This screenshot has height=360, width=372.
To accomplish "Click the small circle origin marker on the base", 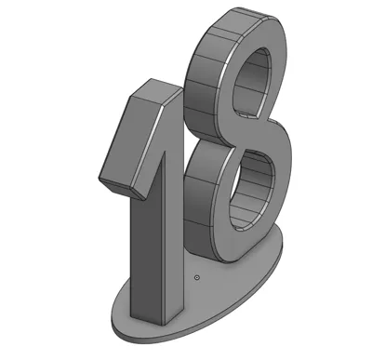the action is coord(196,277).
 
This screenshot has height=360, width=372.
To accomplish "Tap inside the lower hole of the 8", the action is coord(252,190).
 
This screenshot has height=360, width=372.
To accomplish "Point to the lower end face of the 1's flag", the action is coord(122,188).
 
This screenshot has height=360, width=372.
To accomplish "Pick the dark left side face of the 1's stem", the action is coord(146,254).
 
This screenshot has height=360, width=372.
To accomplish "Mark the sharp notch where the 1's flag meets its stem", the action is coord(164,152).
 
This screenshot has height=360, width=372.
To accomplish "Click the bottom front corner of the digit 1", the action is coord(163,326).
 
